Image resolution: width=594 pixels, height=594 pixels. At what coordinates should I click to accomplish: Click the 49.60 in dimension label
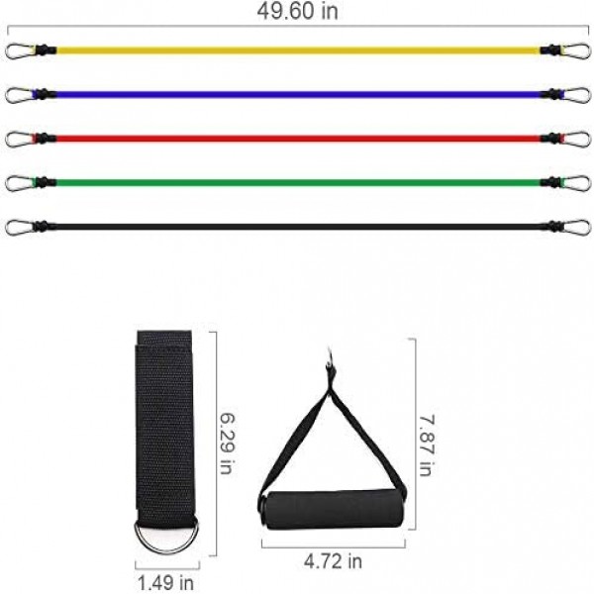(297, 11)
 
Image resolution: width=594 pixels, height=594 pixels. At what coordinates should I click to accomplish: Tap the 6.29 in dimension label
(228, 444)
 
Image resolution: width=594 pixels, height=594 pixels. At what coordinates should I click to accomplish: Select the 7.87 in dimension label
(427, 445)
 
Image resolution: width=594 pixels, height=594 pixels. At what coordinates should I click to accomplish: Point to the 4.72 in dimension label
(333, 561)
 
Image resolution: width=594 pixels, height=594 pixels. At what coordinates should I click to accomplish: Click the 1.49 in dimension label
(165, 583)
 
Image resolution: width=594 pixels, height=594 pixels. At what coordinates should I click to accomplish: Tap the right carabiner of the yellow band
(576, 51)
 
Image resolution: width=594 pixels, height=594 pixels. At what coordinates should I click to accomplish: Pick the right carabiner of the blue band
(576, 95)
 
